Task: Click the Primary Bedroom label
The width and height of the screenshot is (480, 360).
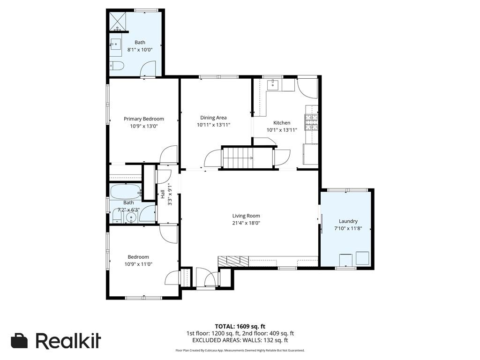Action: (143, 119)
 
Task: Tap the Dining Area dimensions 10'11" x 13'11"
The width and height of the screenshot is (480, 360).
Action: (213, 125)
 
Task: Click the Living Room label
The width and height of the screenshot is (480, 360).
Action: (246, 216)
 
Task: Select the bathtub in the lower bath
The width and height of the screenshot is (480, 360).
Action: (125, 192)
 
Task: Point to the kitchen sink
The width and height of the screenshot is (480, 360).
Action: (272, 85)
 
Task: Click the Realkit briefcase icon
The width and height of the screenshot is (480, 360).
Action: (20, 341)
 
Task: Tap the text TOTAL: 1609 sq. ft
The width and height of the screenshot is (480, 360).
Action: (240, 326)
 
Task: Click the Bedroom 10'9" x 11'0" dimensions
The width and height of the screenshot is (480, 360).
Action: (138, 264)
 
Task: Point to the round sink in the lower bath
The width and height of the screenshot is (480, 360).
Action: (132, 217)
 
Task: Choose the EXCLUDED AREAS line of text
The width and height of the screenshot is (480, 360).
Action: (240, 340)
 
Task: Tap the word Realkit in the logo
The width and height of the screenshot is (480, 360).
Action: (68, 341)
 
